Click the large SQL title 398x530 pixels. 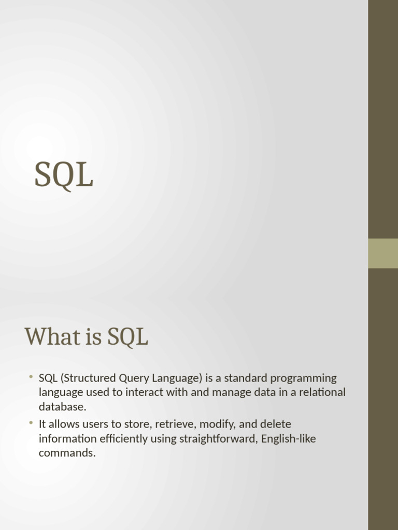pos(64,175)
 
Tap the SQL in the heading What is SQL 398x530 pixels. pos(127,337)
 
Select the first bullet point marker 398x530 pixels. pos(31,376)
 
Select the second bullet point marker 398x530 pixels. pos(31,422)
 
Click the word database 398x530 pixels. pos(63,407)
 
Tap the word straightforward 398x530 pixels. pos(219,439)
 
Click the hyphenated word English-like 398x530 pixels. pos(288,439)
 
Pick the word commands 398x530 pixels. pos(67,453)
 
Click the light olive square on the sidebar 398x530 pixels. pos(383,254)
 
